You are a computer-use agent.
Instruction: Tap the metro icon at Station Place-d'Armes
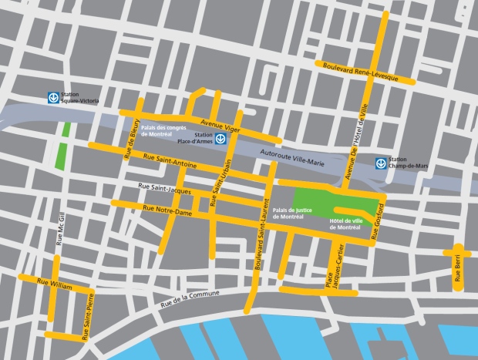coord(220,139)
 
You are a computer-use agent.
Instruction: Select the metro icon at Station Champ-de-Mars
coord(380,163)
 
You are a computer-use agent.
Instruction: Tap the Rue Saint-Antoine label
coord(170,161)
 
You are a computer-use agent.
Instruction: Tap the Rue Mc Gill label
coord(59,228)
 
